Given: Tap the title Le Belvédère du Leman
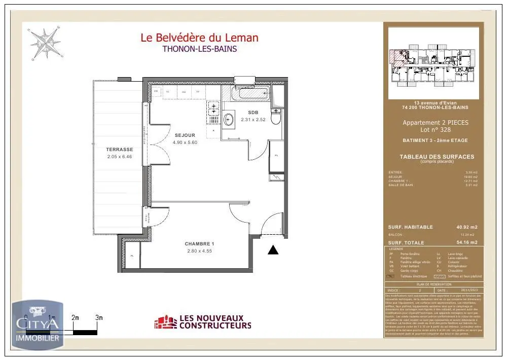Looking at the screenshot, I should click(x=199, y=38).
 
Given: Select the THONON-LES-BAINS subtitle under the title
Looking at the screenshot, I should click(x=199, y=49).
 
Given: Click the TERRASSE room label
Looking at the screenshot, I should click(x=120, y=150).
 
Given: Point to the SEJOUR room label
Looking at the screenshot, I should click(x=185, y=135).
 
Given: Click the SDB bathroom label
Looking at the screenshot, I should click(x=253, y=112).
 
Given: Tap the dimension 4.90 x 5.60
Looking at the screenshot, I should click(x=185, y=142).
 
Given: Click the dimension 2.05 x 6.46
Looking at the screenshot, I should click(x=120, y=157).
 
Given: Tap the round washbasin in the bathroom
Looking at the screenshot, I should click(x=229, y=120).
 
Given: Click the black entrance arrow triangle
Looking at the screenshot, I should click(x=273, y=249).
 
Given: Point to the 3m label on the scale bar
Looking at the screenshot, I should click(x=99, y=318).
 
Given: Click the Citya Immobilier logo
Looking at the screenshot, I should click(x=38, y=325).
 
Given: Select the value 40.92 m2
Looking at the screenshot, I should click(x=467, y=227).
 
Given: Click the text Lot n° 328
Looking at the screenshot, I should click(x=436, y=130).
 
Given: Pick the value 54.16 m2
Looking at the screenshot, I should click(x=467, y=243).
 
